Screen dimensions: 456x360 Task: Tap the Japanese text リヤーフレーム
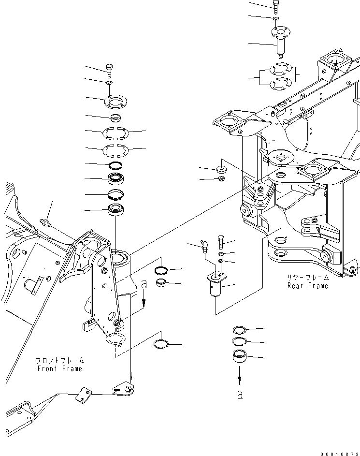coord(307,278)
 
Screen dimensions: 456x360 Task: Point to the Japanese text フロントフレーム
coord(59,361)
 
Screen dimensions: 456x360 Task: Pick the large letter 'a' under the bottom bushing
coord(240,395)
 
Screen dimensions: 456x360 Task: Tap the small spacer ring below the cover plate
coord(115,118)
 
